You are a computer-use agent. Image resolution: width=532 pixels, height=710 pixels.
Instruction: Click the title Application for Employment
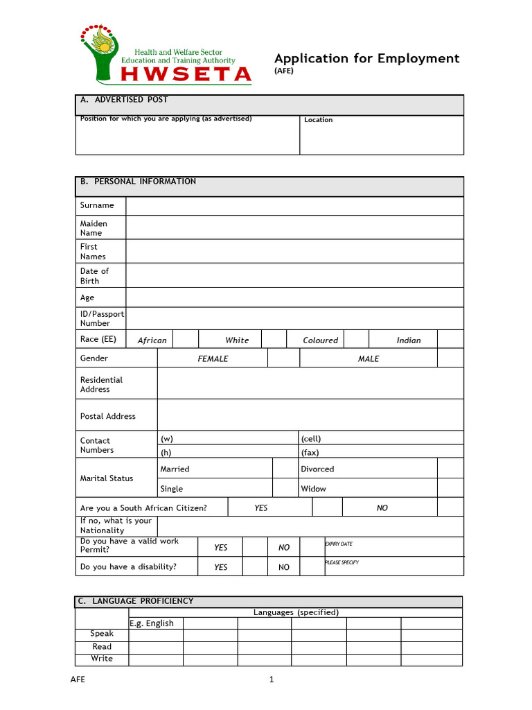(366, 58)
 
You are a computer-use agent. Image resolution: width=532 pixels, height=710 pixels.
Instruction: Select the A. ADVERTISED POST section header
(124, 100)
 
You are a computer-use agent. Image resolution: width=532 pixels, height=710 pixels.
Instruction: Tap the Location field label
(319, 120)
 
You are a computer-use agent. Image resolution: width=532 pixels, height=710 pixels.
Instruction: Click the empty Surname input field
(294, 206)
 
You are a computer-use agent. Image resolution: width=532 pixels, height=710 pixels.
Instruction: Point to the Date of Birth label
(94, 276)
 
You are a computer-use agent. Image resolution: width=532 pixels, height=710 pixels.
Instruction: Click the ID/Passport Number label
(102, 318)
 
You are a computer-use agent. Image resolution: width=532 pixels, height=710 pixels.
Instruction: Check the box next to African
(185, 339)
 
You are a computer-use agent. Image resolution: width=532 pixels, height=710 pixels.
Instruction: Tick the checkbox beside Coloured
(356, 339)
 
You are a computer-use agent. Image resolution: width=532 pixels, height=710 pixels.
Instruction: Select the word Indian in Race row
(408, 340)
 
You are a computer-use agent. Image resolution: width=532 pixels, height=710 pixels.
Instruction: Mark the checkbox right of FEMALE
(283, 358)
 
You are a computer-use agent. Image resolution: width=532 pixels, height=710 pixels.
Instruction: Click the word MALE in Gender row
(369, 359)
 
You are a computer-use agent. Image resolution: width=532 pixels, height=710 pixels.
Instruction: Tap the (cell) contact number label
(311, 439)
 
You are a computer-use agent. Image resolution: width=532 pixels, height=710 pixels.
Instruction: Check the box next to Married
(283, 469)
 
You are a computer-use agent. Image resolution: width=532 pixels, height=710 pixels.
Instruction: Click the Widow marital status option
(313, 489)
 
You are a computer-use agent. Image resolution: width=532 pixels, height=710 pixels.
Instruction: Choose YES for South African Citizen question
(260, 508)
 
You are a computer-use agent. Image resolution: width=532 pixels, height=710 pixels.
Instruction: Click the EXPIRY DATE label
(339, 544)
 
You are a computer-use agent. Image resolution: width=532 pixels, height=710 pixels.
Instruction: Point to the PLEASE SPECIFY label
(342, 562)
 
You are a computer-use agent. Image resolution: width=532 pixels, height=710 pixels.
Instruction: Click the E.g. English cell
(151, 623)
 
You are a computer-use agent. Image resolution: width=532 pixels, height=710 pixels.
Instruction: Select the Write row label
(102, 659)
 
